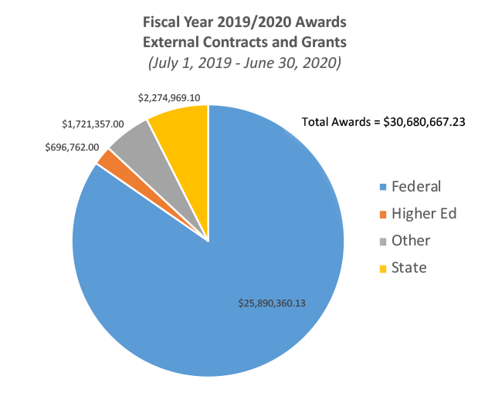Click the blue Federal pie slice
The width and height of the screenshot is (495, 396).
tap(232, 255)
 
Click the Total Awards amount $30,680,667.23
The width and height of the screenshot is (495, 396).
tap(429, 121)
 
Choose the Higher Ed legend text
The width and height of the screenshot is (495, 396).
tap(424, 214)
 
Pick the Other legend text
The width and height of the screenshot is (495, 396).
tap(410, 241)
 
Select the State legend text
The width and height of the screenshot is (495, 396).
tap(409, 268)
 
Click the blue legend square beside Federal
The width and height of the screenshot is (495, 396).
tap(382, 188)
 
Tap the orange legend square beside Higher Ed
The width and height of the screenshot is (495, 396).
tap(382, 215)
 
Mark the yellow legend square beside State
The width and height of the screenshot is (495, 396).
tap(382, 269)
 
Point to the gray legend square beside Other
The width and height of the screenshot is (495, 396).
tap(382, 242)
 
